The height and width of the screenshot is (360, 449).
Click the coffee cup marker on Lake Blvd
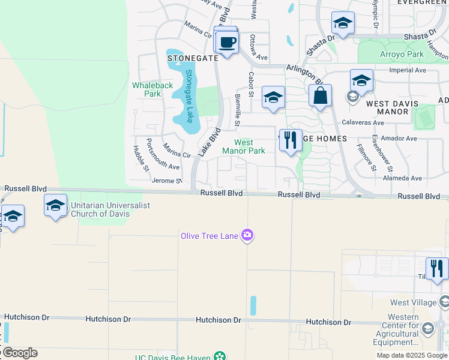click(227, 43)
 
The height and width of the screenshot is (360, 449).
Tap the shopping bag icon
click(321, 95)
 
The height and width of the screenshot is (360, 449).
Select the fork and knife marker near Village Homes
click(291, 140)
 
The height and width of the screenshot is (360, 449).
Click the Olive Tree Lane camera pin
click(247, 235)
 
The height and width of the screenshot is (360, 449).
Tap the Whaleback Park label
click(152, 89)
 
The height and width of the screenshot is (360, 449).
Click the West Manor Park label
click(244, 146)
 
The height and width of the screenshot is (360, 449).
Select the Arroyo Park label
click(402, 54)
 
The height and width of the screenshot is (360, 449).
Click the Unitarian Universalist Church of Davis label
click(110, 209)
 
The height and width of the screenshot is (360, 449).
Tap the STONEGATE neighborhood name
click(192, 58)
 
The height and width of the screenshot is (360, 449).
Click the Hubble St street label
click(140, 158)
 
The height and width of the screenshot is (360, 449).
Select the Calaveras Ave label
click(363, 122)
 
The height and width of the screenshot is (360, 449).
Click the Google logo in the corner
click(19, 353)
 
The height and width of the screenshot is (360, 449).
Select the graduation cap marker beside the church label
click(55, 206)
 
